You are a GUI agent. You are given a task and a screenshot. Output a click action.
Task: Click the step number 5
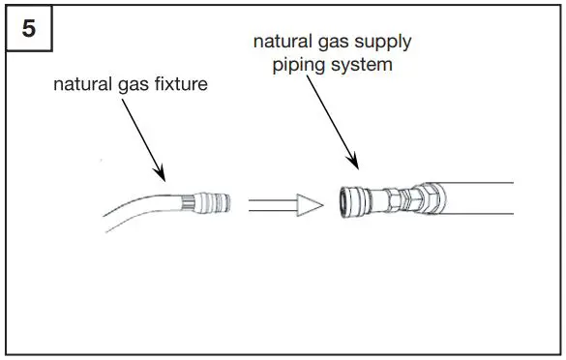click(29, 29)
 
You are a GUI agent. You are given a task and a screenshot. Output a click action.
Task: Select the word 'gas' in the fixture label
click(136, 85)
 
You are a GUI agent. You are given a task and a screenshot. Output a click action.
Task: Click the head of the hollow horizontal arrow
click(309, 204)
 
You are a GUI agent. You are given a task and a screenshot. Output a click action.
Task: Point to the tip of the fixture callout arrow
click(165, 182)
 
